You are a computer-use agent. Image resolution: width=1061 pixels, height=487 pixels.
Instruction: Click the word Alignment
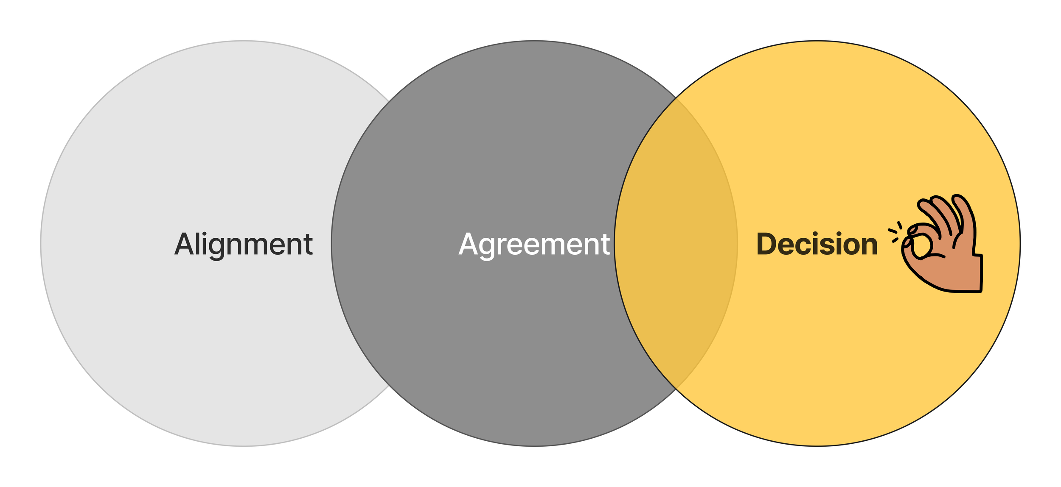pyautogui.click(x=243, y=245)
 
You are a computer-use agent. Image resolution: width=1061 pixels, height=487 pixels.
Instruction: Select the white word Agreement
pyautogui.click(x=534, y=245)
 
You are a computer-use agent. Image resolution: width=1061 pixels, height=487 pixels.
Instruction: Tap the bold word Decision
pyautogui.click(x=817, y=245)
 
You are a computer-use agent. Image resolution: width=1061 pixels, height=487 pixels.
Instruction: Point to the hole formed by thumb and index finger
pyautogui.click(x=922, y=245)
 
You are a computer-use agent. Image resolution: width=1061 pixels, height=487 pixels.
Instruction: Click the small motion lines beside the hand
pyautogui.click(x=895, y=232)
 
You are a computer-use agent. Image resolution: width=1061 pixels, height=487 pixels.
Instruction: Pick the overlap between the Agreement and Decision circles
pyautogui.click(x=676, y=244)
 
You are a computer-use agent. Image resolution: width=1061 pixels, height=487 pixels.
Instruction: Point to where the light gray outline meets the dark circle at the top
pyautogui.click(x=389, y=102)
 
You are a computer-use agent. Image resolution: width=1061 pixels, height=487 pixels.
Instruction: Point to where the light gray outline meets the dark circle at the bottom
pyautogui.click(x=389, y=386)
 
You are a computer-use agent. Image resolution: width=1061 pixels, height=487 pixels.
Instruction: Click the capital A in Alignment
pyautogui.click(x=183, y=244)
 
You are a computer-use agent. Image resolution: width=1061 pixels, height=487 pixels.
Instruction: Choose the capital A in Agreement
pyautogui.click(x=468, y=244)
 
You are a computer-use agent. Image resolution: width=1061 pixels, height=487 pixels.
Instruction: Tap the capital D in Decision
pyautogui.click(x=767, y=244)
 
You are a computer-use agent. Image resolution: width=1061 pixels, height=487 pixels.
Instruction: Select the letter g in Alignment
pyautogui.click(x=216, y=248)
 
